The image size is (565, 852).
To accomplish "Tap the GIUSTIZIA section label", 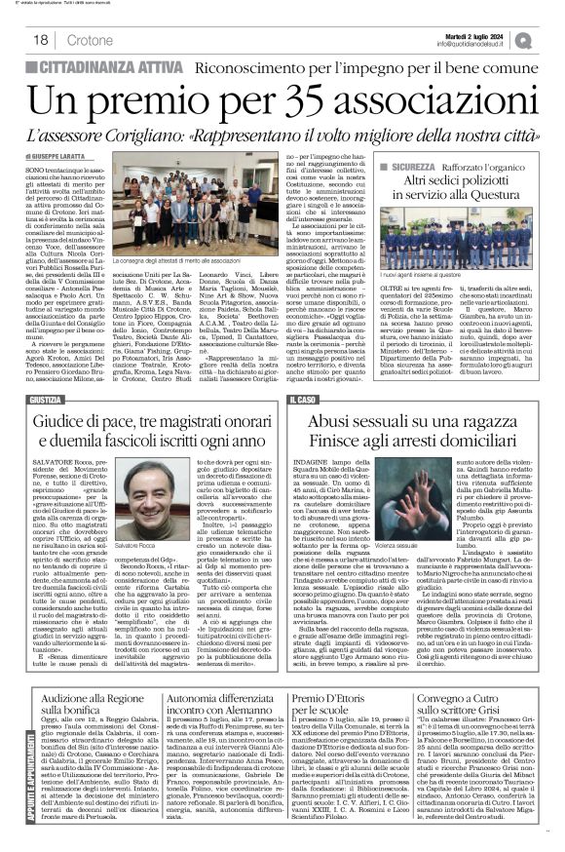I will (50, 373).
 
